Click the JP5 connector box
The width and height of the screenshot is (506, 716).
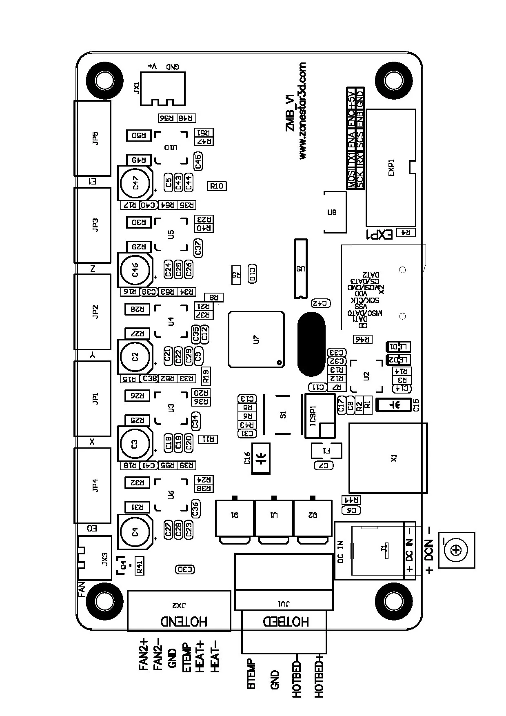click(x=92, y=138)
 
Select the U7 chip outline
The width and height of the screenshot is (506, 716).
click(x=256, y=339)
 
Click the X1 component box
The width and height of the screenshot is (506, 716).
click(x=388, y=458)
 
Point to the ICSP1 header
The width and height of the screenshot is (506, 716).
click(x=320, y=416)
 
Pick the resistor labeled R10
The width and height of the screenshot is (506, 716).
click(x=217, y=186)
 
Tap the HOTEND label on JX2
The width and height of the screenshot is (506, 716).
click(x=184, y=621)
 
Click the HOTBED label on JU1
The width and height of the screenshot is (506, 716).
click(x=286, y=621)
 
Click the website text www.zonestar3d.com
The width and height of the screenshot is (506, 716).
click(x=302, y=111)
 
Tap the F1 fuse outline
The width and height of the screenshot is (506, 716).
click(x=326, y=451)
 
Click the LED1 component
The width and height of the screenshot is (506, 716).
click(x=398, y=347)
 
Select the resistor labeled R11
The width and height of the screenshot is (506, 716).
click(x=208, y=439)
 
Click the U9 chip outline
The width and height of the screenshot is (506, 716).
click(x=300, y=269)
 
